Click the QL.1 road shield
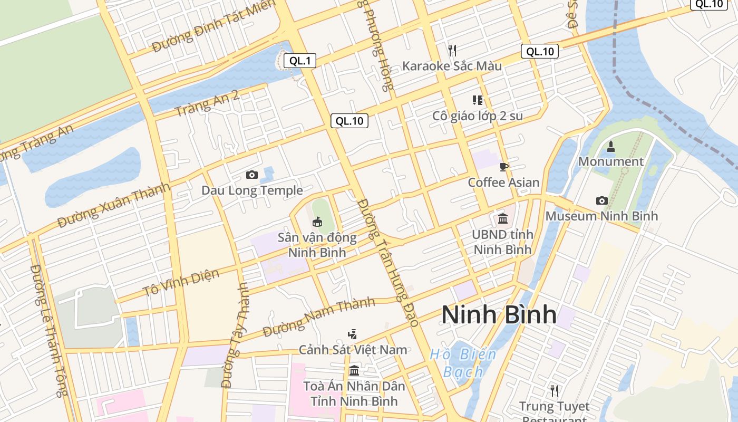(300, 61)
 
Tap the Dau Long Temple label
(252, 190)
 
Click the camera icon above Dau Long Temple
(252, 175)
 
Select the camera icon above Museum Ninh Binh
(601, 200)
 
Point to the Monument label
(611, 161)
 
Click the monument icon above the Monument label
(611, 146)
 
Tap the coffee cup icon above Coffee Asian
(504, 167)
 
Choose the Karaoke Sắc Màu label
(452, 66)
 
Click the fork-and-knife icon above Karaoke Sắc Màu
(452, 50)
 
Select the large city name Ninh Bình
(499, 314)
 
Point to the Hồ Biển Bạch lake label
(463, 363)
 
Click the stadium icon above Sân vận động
(317, 222)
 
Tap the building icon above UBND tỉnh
(502, 218)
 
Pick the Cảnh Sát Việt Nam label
(353, 350)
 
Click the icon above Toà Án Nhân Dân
(354, 370)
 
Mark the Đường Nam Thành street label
(319, 317)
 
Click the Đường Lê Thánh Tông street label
(48, 330)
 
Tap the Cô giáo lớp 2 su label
(478, 116)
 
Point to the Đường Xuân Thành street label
(114, 205)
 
